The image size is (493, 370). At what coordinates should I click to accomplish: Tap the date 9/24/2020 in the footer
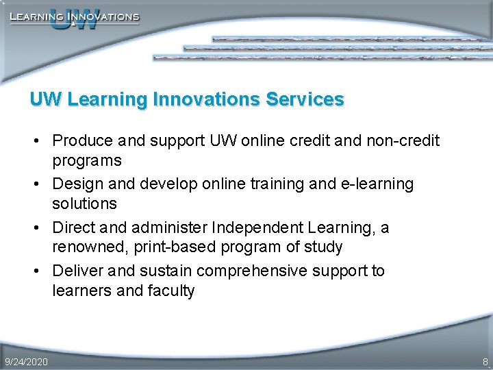pyautogui.click(x=26, y=361)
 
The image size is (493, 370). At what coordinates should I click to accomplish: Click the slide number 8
pyautogui.click(x=485, y=361)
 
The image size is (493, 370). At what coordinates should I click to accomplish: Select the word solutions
pyautogui.click(x=85, y=204)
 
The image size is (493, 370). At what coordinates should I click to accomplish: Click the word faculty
pyautogui.click(x=171, y=291)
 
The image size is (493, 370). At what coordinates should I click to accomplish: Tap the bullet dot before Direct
pyautogui.click(x=42, y=228)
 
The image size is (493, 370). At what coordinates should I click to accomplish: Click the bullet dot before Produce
pyautogui.click(x=42, y=141)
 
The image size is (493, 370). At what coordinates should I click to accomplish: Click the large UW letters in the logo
pyautogui.click(x=74, y=21)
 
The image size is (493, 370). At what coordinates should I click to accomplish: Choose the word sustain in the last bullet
pyautogui.click(x=162, y=271)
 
